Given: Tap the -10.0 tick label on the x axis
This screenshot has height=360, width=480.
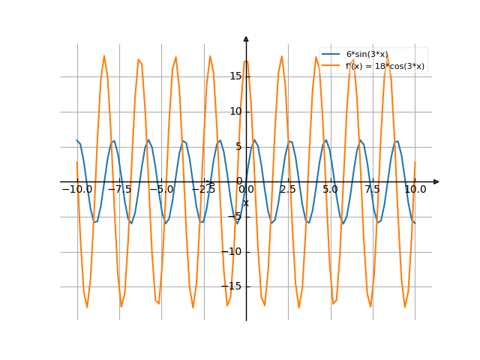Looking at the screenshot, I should coord(77,190).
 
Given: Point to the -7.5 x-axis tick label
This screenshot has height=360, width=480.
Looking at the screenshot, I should coord(119,190).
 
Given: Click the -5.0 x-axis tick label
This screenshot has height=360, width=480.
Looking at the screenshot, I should coord(161,190).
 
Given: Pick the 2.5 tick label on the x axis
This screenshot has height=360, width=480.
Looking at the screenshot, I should coord(288,190).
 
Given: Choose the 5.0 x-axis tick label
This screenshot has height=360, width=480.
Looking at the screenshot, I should coord(331,190).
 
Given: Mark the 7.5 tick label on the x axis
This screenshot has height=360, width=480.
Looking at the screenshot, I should coord(373,190).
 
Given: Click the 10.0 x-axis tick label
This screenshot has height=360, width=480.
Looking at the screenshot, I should coord(415,190).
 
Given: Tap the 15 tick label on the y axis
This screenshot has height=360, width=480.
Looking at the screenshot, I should coord(235,76).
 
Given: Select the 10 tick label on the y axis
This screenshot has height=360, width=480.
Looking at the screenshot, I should coord(235,111).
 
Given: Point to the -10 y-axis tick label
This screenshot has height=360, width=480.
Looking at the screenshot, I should coord(233,251).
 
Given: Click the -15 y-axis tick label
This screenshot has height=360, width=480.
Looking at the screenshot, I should coord(233,286).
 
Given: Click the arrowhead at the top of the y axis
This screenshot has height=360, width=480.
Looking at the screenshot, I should coord(246,38).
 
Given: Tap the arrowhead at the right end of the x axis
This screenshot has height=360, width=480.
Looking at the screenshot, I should coord(436,181).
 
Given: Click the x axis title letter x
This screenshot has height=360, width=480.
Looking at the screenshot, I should coord(246,202).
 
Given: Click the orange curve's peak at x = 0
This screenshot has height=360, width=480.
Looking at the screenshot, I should coord(246,61).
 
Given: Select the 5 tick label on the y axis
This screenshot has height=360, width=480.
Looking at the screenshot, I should coord(238,146).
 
